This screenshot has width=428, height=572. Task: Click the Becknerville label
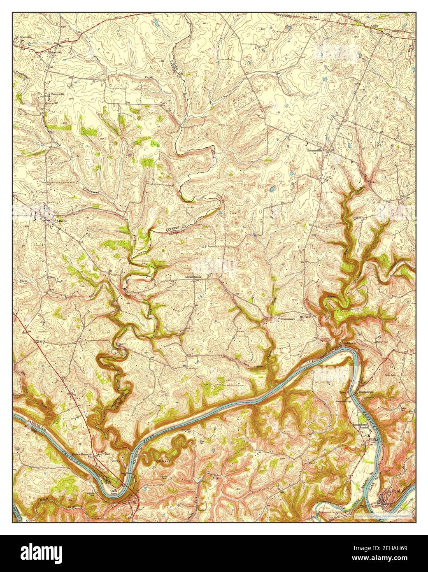click(314, 151)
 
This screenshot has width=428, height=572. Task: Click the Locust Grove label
click(195, 277)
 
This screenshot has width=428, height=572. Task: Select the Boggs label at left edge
click(23, 280)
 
